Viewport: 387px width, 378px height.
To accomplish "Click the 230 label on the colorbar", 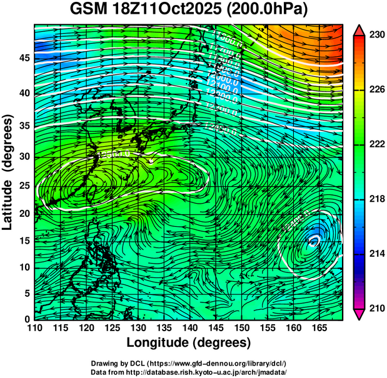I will coord(376,36).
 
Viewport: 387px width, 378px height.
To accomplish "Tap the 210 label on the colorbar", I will coord(376,308).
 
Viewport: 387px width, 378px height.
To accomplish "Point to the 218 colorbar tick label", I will coord(376,199).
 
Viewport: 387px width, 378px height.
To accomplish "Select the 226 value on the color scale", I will coord(376,90).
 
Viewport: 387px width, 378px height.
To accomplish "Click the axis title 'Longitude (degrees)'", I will coord(189,342).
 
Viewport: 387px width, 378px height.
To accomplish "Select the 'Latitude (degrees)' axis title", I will coord(9,172).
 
